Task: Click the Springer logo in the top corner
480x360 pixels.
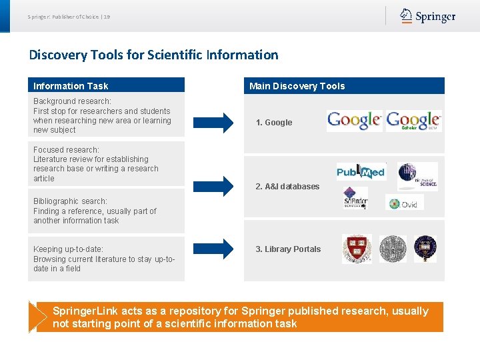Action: (x=427, y=17)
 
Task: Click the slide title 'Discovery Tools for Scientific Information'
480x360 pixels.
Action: (x=153, y=55)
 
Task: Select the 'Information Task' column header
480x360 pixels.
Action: (x=71, y=86)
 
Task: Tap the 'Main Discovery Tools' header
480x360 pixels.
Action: (x=297, y=86)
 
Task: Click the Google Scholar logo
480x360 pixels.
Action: (x=413, y=121)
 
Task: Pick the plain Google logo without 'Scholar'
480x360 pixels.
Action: (x=354, y=121)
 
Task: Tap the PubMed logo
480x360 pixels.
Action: (x=361, y=172)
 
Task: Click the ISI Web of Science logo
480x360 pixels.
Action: (x=417, y=176)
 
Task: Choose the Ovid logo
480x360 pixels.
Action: (x=404, y=203)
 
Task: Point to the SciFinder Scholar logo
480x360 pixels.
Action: (x=355, y=199)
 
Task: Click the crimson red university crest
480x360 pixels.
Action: (x=357, y=249)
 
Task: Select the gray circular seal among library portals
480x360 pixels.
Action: (x=393, y=249)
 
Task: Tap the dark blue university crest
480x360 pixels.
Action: (x=425, y=249)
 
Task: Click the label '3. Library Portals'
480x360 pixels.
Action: (x=288, y=249)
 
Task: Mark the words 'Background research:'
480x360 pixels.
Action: (x=72, y=101)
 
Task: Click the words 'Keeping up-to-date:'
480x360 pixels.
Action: (x=68, y=249)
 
